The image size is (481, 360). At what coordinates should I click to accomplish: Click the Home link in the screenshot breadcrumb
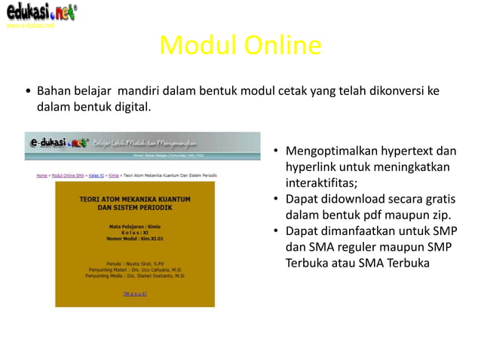(41, 175)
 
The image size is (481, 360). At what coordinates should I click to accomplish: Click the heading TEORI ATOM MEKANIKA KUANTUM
(135, 200)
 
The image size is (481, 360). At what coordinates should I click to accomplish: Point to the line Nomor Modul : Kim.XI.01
(135, 238)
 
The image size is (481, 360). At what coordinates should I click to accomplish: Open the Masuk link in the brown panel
(135, 294)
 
